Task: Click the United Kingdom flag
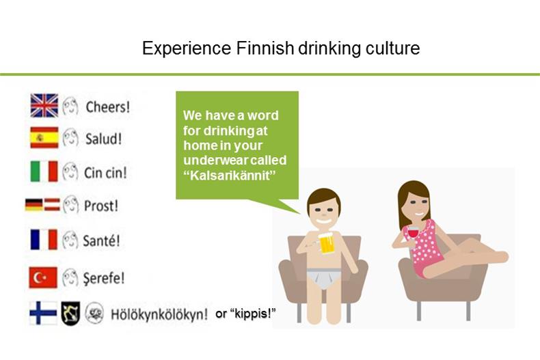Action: click(x=44, y=105)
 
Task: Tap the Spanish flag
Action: click(x=44, y=137)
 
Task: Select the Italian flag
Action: click(x=44, y=171)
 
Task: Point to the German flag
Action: click(x=33, y=204)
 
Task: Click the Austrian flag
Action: click(x=52, y=204)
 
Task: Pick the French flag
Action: click(x=43, y=239)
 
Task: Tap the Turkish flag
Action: click(x=43, y=277)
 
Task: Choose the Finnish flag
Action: click(x=43, y=313)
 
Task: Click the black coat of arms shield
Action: click(x=70, y=313)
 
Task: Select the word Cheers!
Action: click(x=108, y=107)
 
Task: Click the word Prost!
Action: click(x=101, y=206)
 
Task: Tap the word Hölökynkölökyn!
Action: click(x=159, y=314)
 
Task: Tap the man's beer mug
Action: click(x=326, y=243)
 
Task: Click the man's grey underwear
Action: click(x=324, y=278)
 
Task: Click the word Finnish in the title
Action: click(x=265, y=48)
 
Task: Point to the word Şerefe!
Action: click(x=104, y=278)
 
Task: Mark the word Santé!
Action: click(x=102, y=240)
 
